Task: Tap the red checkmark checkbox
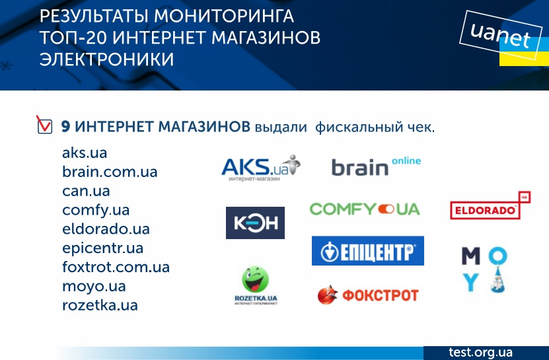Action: (x=44, y=125)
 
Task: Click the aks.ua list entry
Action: (x=85, y=153)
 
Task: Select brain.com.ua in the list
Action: (x=110, y=172)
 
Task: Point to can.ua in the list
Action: (x=86, y=191)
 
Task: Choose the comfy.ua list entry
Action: (x=96, y=211)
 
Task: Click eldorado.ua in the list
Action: (x=106, y=229)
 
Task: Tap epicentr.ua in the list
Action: (x=102, y=248)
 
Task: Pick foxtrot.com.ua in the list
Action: (x=116, y=268)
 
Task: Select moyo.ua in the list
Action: (x=94, y=287)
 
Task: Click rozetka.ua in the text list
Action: (x=100, y=305)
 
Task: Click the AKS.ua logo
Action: (x=261, y=168)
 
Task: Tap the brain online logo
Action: (x=376, y=166)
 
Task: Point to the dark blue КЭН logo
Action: (x=255, y=223)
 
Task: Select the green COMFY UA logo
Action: (x=365, y=209)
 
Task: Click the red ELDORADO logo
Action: (x=490, y=205)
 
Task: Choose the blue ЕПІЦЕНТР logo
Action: (x=367, y=251)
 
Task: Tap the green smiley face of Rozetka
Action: (x=255, y=279)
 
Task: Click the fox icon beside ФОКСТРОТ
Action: (x=328, y=295)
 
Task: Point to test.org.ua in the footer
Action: (x=480, y=352)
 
